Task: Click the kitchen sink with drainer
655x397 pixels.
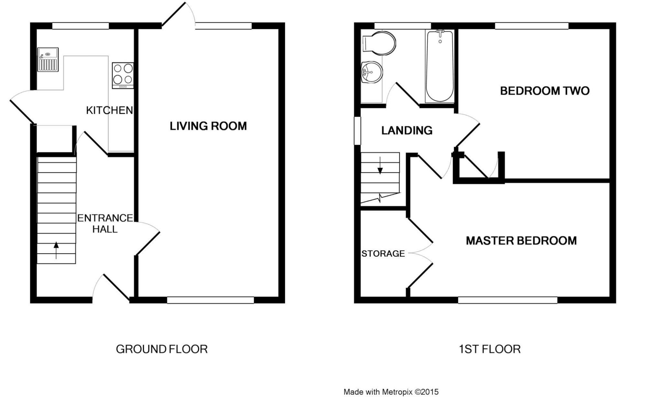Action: [48, 60]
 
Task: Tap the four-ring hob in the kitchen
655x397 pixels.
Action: [123, 75]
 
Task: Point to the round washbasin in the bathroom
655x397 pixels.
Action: [372, 72]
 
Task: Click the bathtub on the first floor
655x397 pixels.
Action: [440, 66]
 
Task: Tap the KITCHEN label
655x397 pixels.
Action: [109, 110]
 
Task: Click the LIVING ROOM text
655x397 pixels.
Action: [208, 126]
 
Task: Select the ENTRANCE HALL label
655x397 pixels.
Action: [105, 223]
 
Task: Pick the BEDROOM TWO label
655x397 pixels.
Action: [545, 91]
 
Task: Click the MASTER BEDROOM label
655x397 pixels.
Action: [521, 241]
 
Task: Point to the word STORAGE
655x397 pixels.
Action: [383, 254]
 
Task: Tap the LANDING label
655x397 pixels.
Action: [407, 130]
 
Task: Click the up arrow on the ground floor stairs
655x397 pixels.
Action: [56, 250]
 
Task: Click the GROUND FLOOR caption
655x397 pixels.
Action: [162, 349]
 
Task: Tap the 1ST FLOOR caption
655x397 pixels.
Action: [489, 349]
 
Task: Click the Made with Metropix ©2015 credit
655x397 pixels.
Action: [391, 392]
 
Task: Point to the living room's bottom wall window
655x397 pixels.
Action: [210, 300]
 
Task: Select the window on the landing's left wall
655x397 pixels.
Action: [357, 130]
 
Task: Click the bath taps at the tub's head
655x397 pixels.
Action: [440, 32]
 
